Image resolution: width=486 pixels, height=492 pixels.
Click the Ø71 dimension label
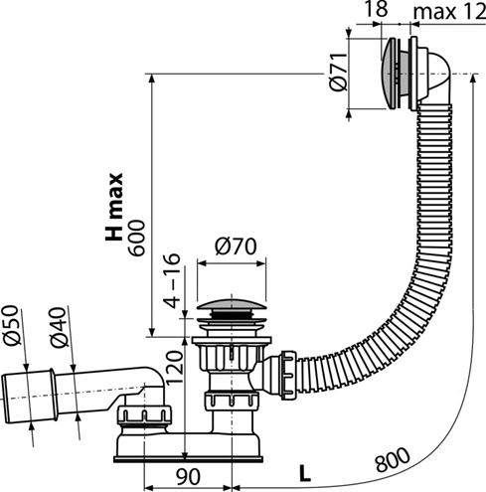339,72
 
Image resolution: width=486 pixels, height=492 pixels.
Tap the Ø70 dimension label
236,246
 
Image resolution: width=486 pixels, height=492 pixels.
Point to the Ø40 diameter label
59,328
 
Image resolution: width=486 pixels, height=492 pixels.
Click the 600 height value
136,238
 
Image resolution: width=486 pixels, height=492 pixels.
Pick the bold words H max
114,207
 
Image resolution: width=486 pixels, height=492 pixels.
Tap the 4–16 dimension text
172,281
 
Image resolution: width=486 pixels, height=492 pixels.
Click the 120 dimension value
174,367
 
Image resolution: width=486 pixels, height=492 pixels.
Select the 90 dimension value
188,477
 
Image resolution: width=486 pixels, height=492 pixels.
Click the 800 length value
393,459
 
